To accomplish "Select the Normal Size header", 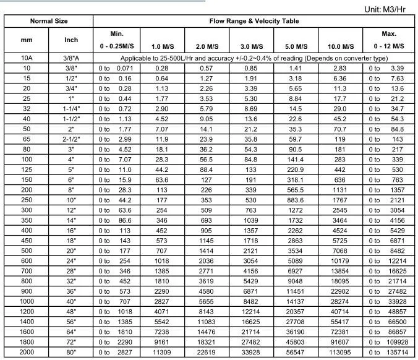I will pyautogui.click(x=48, y=21).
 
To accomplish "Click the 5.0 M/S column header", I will pyautogui.click(x=296, y=46).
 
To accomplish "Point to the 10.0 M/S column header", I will pyautogui.click(x=340, y=46).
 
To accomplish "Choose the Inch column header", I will pyautogui.click(x=71, y=40).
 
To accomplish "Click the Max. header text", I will pyautogui.click(x=389, y=33).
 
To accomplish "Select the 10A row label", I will pyautogui.click(x=27, y=58).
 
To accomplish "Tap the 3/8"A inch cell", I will pyautogui.click(x=71, y=58).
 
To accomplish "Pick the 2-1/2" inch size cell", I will pyautogui.click(x=71, y=140).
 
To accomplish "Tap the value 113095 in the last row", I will pyautogui.click(x=340, y=352).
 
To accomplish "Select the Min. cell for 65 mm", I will pyautogui.click(x=116, y=140).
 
